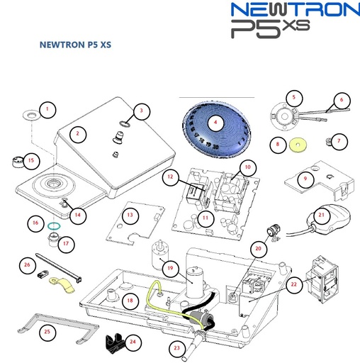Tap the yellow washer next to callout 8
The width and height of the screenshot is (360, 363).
tap(298, 146)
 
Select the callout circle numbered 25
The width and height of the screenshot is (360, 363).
tap(47, 331)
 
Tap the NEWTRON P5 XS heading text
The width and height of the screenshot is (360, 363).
tap(76, 45)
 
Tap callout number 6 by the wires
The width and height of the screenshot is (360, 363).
tap(341, 101)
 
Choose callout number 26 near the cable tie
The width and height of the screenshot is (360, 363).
tap(28, 266)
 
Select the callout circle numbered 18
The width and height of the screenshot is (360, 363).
tap(129, 301)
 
